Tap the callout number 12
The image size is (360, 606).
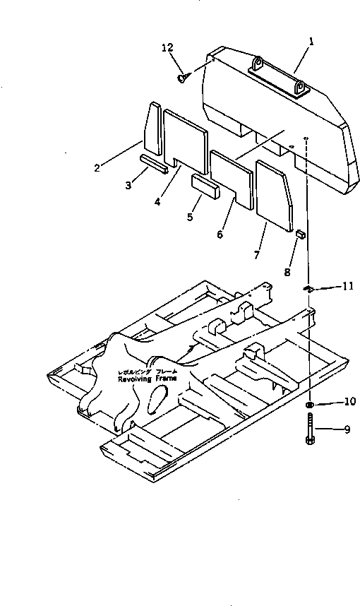[x=167, y=47]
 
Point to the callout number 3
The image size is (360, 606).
[x=128, y=186]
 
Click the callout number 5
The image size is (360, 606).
[x=190, y=217]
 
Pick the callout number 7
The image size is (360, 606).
[x=256, y=254]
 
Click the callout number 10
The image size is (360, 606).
[x=349, y=403]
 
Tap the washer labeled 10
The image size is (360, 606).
[x=309, y=405]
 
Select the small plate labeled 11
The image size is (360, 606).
[x=308, y=287]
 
